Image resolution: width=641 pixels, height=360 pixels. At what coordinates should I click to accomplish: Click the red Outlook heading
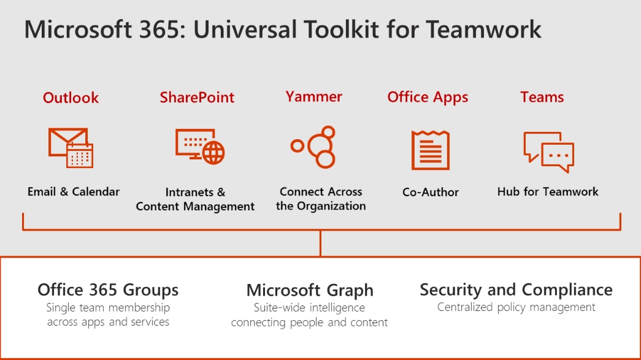click(x=71, y=98)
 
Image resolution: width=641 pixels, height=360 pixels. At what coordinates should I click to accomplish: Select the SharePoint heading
click(x=197, y=98)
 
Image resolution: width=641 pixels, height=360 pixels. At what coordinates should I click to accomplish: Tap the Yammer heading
click(x=313, y=97)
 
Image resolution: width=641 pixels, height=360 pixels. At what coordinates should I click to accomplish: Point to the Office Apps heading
click(x=428, y=98)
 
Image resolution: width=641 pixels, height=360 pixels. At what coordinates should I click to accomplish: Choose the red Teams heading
click(x=542, y=98)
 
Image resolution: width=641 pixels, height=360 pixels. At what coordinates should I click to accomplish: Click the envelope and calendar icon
click(x=71, y=148)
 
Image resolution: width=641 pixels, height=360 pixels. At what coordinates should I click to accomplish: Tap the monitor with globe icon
click(x=200, y=147)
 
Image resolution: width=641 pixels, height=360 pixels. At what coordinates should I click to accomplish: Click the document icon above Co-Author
click(x=431, y=150)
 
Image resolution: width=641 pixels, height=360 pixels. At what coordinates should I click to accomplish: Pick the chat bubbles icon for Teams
click(x=548, y=152)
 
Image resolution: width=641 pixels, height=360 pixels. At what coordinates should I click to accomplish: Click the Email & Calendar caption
click(x=74, y=191)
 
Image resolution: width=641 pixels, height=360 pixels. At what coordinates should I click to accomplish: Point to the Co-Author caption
click(x=431, y=192)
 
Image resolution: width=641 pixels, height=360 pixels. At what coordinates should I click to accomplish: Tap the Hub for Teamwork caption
click(x=548, y=191)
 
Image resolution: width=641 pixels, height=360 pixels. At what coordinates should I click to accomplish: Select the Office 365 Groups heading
click(x=108, y=289)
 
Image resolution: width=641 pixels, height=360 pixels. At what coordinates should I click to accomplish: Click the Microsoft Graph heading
click(x=310, y=291)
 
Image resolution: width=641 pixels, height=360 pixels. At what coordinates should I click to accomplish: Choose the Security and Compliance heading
click(x=516, y=289)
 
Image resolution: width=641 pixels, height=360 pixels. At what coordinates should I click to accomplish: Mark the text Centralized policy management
click(x=516, y=307)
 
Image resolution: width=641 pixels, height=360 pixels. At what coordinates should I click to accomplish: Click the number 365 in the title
click(x=159, y=30)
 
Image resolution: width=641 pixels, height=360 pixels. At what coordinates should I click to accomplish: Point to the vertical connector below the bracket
click(x=320, y=243)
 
